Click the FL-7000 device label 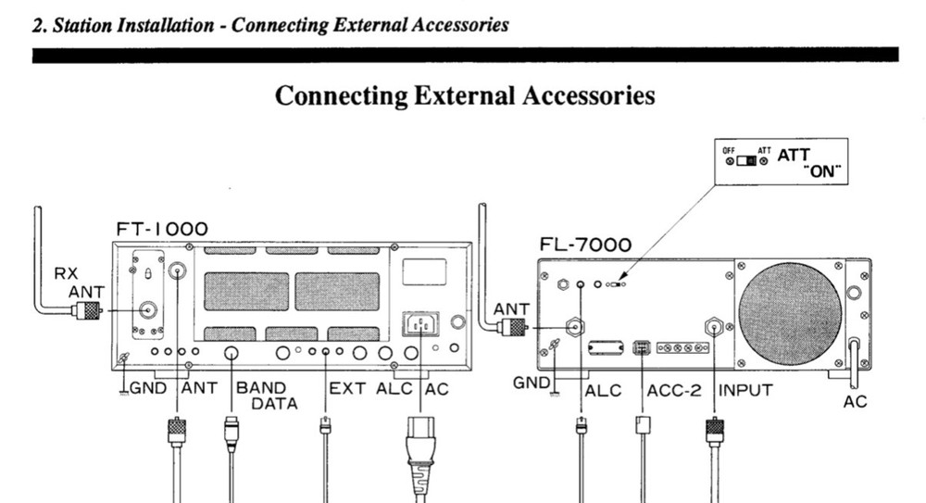click(x=585, y=245)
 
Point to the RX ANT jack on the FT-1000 click(x=146, y=311)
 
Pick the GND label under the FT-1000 click(x=148, y=389)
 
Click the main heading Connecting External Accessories click(x=466, y=95)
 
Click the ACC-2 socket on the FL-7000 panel click(x=639, y=348)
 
